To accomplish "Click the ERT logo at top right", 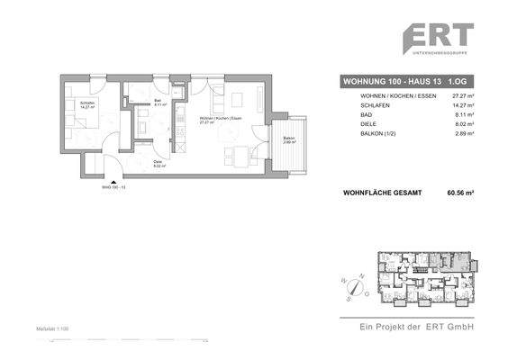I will click(438, 40).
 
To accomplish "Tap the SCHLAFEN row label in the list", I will click(364, 104).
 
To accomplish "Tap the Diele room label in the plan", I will click(157, 164).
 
